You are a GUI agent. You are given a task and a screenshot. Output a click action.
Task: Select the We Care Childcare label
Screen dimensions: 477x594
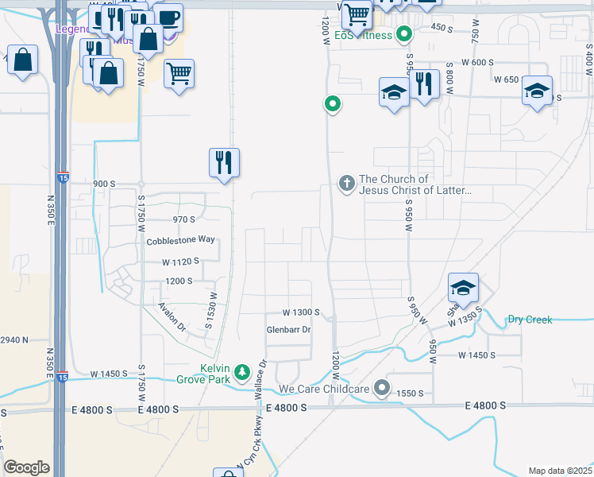[x=323, y=390]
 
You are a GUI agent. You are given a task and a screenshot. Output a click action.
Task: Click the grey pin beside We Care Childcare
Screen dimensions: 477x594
[x=383, y=389]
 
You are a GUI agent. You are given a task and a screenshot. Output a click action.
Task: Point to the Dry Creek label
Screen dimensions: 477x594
[x=530, y=320]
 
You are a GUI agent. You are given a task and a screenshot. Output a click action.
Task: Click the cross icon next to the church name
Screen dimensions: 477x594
[x=346, y=184]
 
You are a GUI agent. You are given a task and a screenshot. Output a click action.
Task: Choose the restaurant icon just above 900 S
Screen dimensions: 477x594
[x=225, y=163]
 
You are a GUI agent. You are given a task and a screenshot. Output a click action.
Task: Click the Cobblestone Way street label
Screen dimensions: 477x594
[x=180, y=240]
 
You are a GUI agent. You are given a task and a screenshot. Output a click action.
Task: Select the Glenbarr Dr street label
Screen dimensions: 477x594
[x=288, y=329]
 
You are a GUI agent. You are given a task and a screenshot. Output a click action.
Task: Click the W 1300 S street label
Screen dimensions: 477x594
[x=300, y=313]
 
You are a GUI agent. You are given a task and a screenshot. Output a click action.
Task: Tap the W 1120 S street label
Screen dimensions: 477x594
[x=180, y=262]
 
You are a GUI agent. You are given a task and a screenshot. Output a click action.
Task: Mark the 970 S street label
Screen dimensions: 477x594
[x=183, y=219]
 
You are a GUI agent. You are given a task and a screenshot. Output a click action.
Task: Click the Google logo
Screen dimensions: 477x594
[x=26, y=467]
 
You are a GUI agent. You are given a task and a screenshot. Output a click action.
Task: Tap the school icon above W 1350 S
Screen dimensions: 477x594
[x=463, y=289]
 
